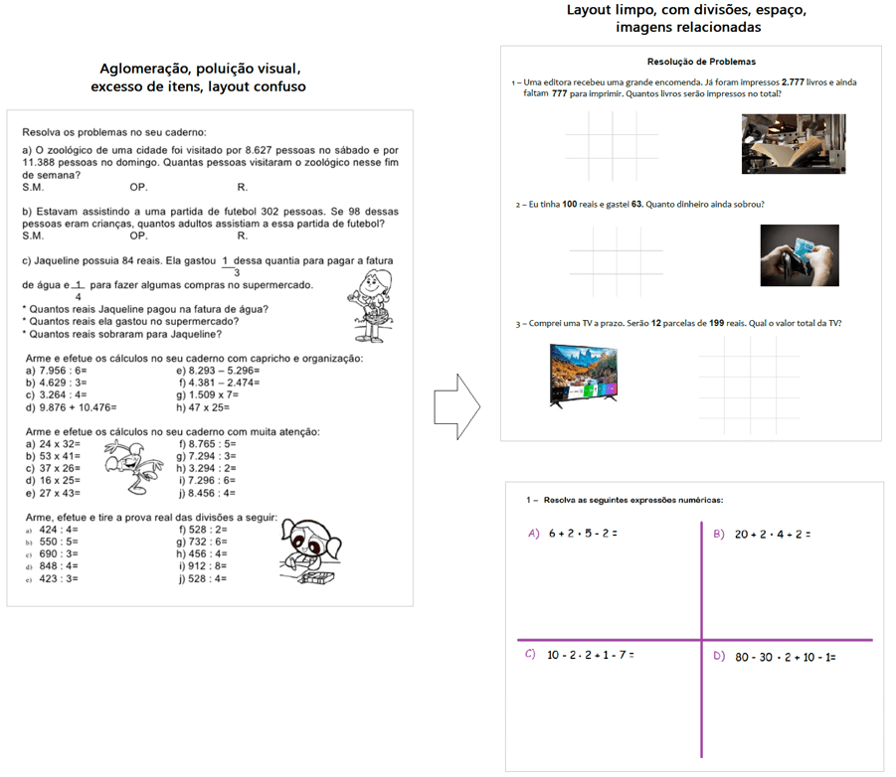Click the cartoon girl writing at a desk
point(310,552)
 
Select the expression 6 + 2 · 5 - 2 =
point(583,534)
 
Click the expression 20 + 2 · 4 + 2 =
point(772,534)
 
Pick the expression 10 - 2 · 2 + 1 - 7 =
point(591,655)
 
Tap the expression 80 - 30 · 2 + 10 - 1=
point(785,657)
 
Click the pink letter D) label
point(719,656)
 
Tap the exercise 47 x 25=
point(211,407)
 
